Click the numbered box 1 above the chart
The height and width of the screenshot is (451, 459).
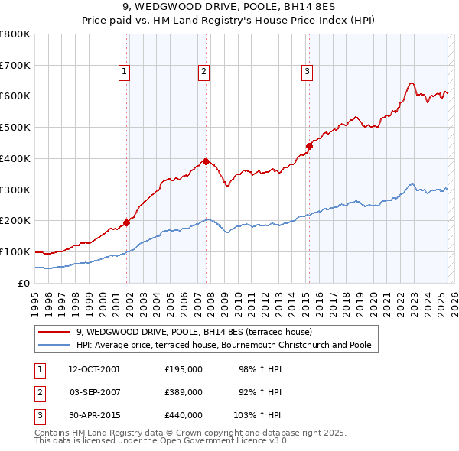(x=124, y=73)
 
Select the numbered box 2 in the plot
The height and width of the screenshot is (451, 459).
(x=204, y=73)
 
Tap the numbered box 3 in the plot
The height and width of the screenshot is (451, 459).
(x=307, y=73)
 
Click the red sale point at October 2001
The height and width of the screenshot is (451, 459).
(x=126, y=222)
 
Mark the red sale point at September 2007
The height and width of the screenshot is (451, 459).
(x=207, y=161)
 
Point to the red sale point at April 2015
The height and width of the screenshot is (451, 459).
(x=310, y=145)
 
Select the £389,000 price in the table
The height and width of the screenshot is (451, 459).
(x=184, y=392)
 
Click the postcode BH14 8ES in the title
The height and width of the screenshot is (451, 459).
(x=289, y=7)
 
